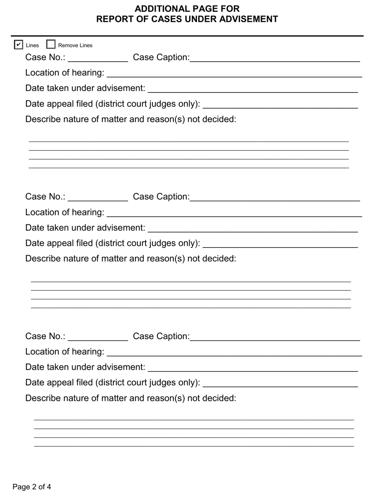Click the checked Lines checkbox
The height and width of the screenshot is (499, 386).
pos(18,45)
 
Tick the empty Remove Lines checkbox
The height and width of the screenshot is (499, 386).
pos(51,45)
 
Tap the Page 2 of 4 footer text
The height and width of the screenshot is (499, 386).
pos(32,487)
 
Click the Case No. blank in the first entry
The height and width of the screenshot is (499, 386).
pos(98,58)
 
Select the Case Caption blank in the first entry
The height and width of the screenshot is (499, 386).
pos(275,58)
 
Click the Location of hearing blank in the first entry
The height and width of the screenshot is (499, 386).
pos(234,73)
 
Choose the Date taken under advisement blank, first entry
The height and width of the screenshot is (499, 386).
pos(253,88)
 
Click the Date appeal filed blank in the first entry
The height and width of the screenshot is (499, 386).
pos(280,104)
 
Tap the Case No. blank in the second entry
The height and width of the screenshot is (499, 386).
pos(98,197)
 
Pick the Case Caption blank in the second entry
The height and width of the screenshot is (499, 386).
pos(275,197)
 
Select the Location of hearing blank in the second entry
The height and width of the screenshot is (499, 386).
pos(234,213)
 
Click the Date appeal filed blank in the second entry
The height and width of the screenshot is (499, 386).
pos(280,243)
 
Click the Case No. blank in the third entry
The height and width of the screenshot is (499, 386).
pos(98,336)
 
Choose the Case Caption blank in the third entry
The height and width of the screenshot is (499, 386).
pos(275,336)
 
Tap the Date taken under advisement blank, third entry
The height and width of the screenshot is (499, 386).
pos(253,367)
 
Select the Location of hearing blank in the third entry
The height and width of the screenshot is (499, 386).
pos(234,352)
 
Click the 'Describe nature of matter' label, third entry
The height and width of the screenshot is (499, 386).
pos(130,398)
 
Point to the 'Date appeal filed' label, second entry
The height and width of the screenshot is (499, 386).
pos(113,243)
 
